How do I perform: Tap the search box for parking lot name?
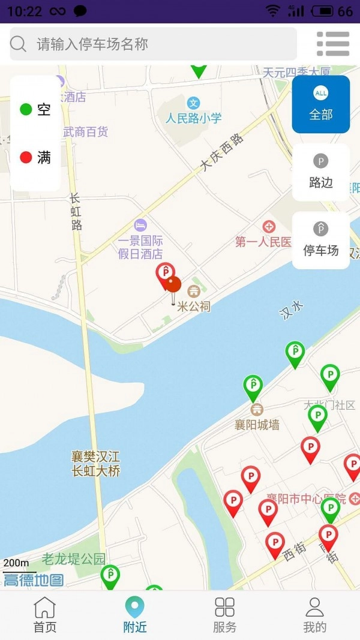153,44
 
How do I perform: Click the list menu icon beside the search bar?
333,44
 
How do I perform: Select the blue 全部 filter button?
321,104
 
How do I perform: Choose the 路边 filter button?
321,172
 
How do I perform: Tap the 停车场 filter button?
321,240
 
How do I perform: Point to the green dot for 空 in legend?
26,109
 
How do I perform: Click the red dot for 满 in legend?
26,158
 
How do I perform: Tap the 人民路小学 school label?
194,118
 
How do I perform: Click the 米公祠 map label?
194,307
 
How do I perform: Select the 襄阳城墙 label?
257,425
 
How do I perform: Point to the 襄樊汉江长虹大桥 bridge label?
96,464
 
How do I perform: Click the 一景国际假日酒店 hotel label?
140,247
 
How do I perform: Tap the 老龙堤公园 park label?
73,560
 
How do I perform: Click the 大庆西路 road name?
223,152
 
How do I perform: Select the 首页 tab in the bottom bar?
45,615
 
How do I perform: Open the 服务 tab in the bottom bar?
225,615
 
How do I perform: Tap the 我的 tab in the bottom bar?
315,615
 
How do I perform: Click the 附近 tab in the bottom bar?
135,615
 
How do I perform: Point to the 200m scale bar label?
16,563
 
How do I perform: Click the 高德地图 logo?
34,579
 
